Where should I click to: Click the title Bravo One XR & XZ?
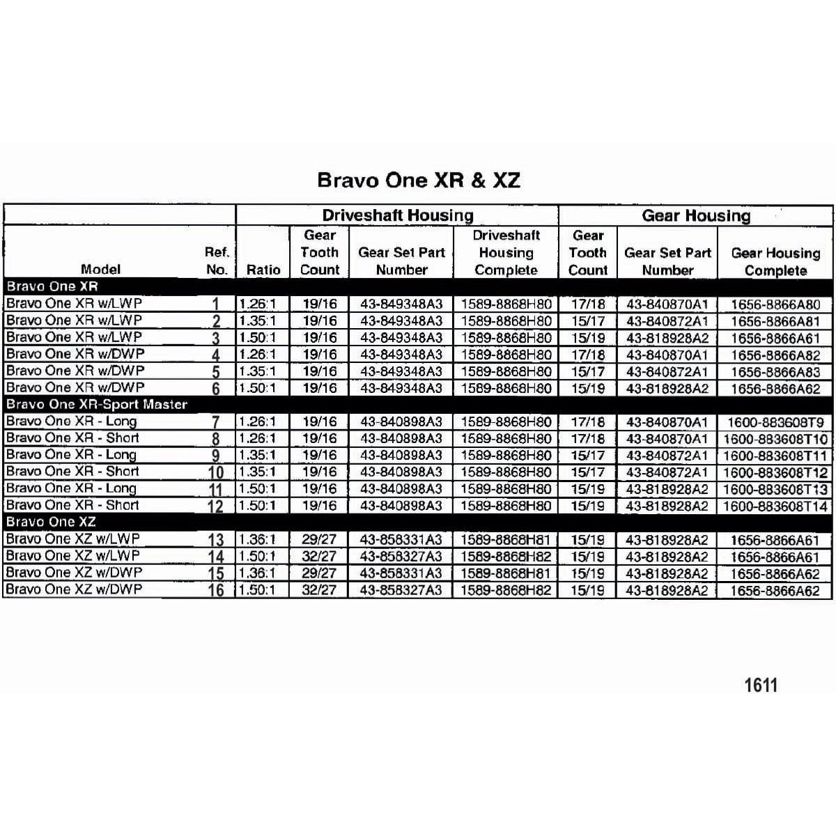[x=418, y=180]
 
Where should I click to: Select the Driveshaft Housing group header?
[x=397, y=215]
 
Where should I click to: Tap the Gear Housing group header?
[x=696, y=216]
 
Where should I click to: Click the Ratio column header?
[x=263, y=270]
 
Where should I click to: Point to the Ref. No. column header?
[x=217, y=261]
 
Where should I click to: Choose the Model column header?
[x=100, y=270]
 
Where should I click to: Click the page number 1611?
[x=760, y=685]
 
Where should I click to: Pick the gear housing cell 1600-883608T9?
[x=775, y=422]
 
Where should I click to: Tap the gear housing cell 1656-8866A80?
[x=775, y=304]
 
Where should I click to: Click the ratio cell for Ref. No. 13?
[x=257, y=539]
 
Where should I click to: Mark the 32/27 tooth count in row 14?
[x=320, y=556]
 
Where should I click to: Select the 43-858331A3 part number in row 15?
[x=401, y=573]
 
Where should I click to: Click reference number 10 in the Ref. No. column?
[x=216, y=472]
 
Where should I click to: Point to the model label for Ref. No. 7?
[x=72, y=421]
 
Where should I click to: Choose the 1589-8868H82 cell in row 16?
[x=506, y=590]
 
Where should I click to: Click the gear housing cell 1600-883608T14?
[x=775, y=506]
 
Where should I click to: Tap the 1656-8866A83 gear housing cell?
[x=775, y=372]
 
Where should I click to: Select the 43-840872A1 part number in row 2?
[x=667, y=321]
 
